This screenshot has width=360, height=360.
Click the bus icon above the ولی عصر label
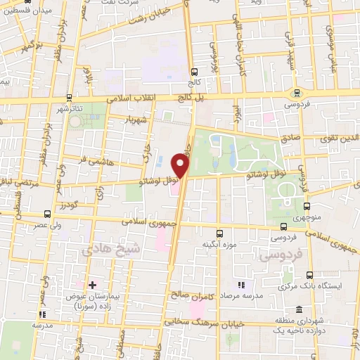coord(47,214)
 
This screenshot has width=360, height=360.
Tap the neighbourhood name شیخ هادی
coord(111,249)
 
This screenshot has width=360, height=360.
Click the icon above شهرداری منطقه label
coord(300,310)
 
